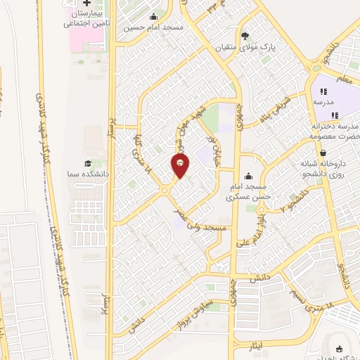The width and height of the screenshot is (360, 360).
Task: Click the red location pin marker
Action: (x=181, y=166)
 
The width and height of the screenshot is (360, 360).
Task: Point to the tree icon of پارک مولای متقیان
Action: (x=245, y=34)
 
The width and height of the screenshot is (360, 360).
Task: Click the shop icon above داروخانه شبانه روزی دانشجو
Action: (x=322, y=152)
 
